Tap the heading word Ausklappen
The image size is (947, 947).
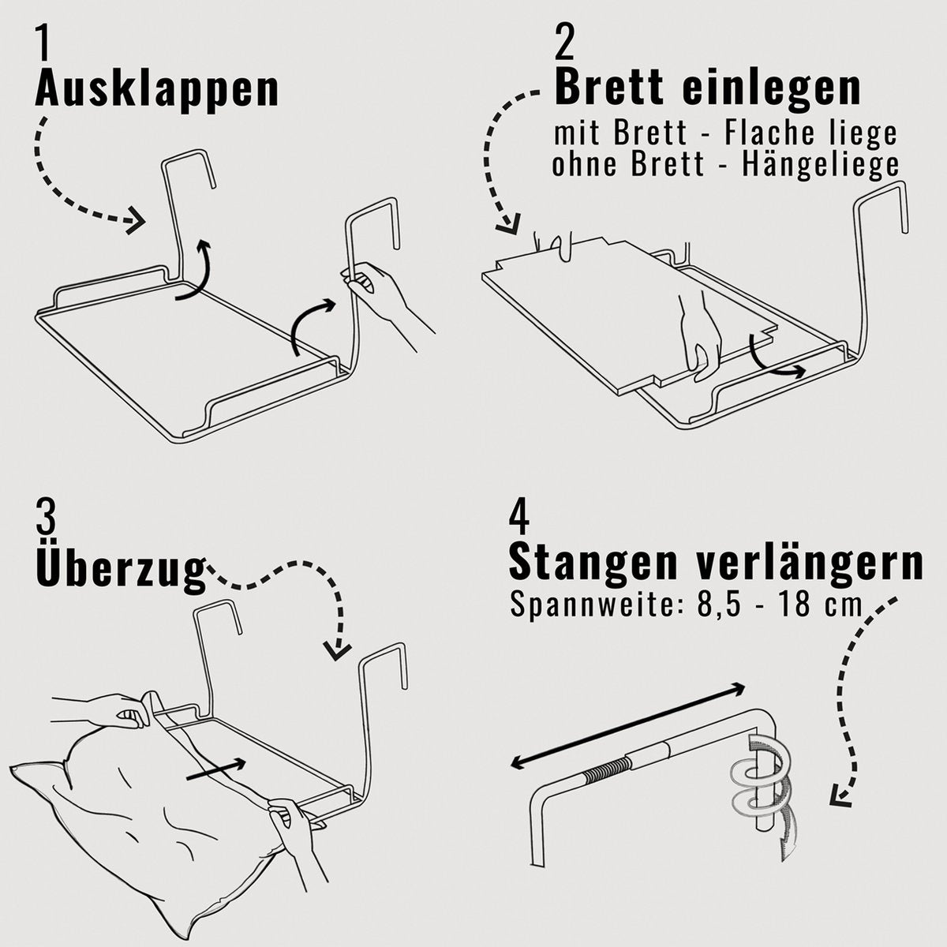(x=157, y=89)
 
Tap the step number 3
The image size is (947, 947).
(x=47, y=519)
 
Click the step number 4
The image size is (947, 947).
(x=519, y=519)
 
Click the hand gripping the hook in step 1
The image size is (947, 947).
(x=379, y=292)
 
